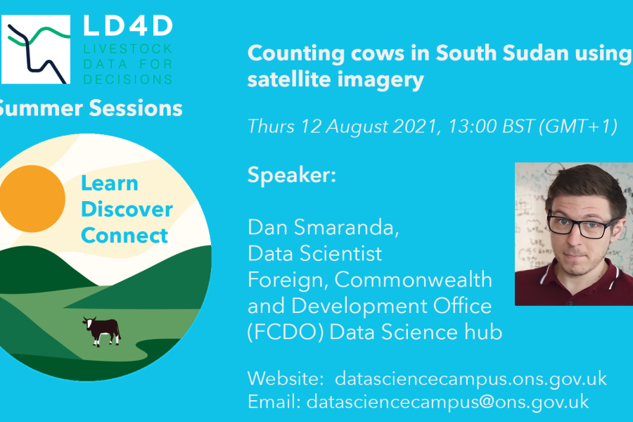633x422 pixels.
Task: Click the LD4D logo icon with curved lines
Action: click(x=36, y=49)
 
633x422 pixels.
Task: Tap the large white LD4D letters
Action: click(x=128, y=26)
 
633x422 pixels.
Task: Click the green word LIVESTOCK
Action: click(x=128, y=49)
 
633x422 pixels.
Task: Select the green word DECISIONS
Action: click(x=128, y=79)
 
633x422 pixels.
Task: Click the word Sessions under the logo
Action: click(x=136, y=108)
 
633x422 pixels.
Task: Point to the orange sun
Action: click(x=32, y=198)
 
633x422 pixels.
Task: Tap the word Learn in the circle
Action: click(x=110, y=184)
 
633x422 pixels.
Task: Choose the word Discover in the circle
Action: click(x=127, y=209)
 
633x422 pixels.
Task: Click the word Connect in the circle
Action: click(x=124, y=235)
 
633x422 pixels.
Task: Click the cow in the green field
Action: click(x=102, y=331)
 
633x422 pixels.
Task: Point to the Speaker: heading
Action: click(x=291, y=175)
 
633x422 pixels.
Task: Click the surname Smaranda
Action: click(x=346, y=227)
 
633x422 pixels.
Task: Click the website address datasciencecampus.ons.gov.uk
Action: click(x=471, y=378)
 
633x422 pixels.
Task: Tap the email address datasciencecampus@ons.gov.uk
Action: click(x=448, y=402)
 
